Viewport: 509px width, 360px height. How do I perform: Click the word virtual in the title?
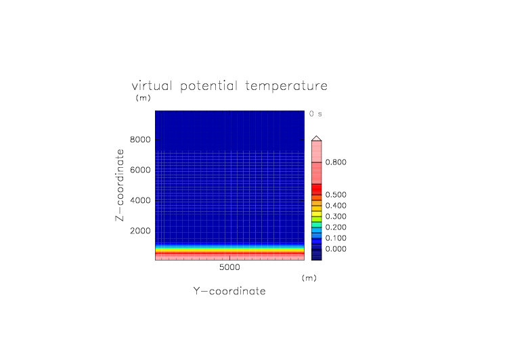pyautogui.click(x=152, y=86)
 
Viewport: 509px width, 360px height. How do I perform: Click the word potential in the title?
pyautogui.click(x=208, y=87)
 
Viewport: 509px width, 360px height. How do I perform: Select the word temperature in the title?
pyautogui.click(x=286, y=87)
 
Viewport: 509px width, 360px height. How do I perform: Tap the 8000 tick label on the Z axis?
pyautogui.click(x=140, y=139)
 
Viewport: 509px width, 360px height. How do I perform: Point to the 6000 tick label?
pyautogui.click(x=140, y=170)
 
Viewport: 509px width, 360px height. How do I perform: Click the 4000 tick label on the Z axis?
pyautogui.click(x=140, y=200)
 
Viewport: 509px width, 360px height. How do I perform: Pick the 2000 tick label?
pyautogui.click(x=140, y=231)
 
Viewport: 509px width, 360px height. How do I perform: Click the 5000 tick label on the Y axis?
pyautogui.click(x=229, y=267)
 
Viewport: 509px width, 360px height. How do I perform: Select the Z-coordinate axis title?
pyautogui.click(x=120, y=185)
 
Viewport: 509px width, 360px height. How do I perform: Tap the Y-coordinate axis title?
pyautogui.click(x=229, y=291)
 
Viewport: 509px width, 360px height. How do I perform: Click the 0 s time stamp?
pyautogui.click(x=315, y=114)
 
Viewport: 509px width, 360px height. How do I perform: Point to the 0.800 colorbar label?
pyautogui.click(x=336, y=162)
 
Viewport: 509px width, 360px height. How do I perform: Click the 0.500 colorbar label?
pyautogui.click(x=336, y=194)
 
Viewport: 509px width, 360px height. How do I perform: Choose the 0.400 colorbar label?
pyautogui.click(x=336, y=206)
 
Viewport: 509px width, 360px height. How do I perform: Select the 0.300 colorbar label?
pyautogui.click(x=336, y=216)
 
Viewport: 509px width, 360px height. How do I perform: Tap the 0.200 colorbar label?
pyautogui.click(x=336, y=227)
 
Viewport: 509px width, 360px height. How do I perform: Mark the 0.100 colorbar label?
pyautogui.click(x=336, y=238)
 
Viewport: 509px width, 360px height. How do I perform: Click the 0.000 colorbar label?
pyautogui.click(x=336, y=249)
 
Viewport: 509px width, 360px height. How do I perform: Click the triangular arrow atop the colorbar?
pyautogui.click(x=317, y=139)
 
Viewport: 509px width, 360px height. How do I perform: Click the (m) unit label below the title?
pyautogui.click(x=143, y=97)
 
